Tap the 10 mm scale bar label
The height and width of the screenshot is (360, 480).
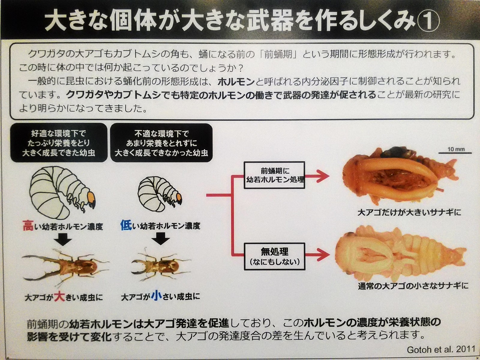tap(456, 149)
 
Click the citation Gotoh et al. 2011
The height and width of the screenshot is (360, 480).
tap(441, 349)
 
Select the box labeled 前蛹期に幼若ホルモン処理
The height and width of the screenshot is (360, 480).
tap(274, 175)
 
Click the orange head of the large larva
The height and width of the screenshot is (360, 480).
tap(92, 197)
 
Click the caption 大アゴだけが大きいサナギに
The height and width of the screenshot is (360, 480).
tap(409, 212)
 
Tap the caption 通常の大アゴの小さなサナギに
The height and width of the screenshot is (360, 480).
tap(413, 286)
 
